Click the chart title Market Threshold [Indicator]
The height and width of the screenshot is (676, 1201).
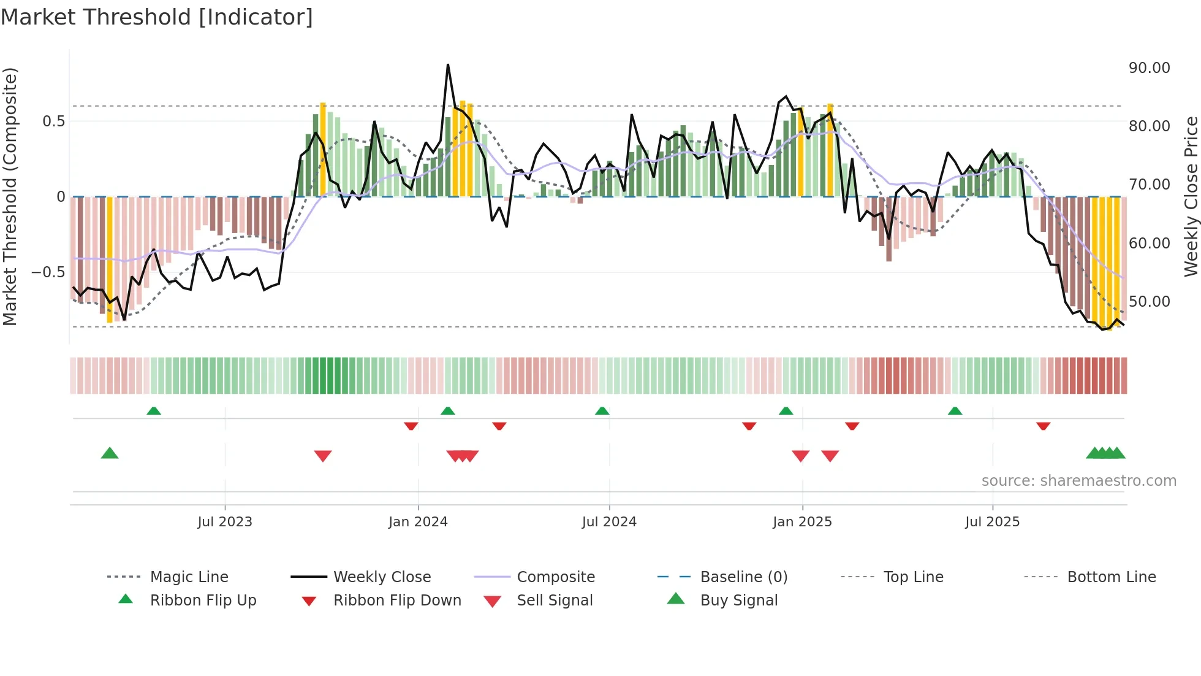tap(157, 17)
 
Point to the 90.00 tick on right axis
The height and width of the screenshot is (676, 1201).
tap(1149, 68)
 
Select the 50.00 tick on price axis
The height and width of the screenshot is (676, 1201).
tap(1149, 302)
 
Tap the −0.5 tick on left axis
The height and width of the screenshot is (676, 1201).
tap(48, 272)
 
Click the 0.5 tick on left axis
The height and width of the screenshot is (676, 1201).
tap(53, 121)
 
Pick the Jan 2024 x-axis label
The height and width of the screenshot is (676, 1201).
tap(418, 522)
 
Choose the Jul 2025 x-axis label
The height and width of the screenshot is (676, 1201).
tap(992, 522)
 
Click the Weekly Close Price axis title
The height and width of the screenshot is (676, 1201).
tap(1190, 196)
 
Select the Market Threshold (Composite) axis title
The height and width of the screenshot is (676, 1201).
tap(10, 196)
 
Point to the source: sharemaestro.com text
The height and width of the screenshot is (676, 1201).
tap(1078, 481)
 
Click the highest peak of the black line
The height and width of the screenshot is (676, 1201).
tap(448, 65)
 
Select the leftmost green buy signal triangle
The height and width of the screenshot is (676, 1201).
tap(110, 453)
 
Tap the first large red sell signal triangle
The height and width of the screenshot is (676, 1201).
tap(323, 456)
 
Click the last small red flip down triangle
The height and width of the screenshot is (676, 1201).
tap(1043, 426)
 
